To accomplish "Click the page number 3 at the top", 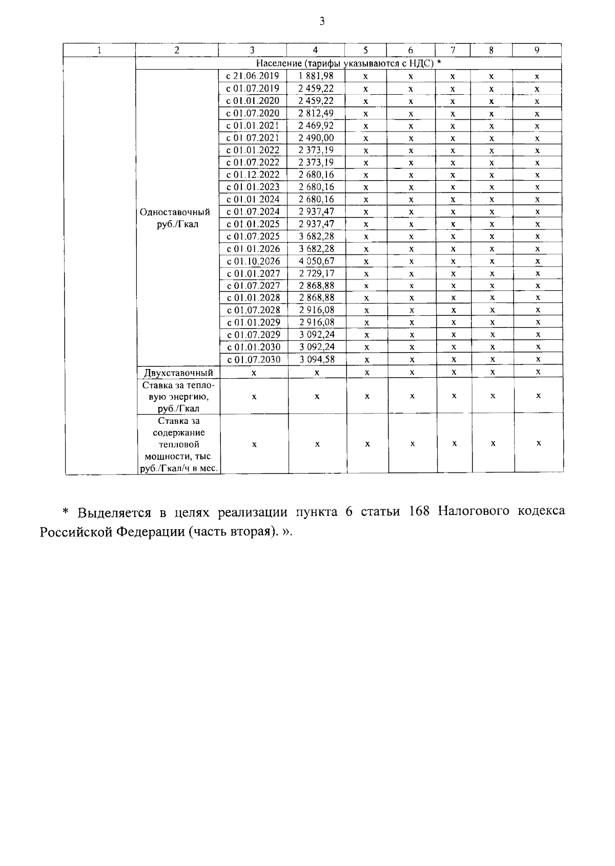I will click(321, 21).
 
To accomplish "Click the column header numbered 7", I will click(453, 50).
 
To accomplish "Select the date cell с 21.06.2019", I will click(253, 76).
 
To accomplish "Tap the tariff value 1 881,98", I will click(316, 76).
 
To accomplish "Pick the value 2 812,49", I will click(316, 113).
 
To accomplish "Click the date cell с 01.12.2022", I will click(253, 175).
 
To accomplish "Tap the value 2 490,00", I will click(316, 138).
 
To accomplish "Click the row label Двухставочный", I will click(178, 373).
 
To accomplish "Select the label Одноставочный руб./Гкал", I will click(175, 218).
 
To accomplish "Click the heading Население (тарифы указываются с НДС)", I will click(348, 63).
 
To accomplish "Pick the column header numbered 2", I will click(177, 50).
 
